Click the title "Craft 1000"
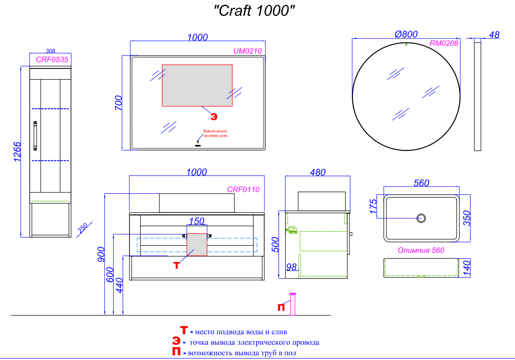[x=254, y=11]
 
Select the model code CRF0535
[x=52, y=59]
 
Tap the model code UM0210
[x=248, y=51]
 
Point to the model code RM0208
[x=444, y=43]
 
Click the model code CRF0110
[x=243, y=189]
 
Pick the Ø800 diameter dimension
[x=406, y=34]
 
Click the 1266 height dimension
[x=17, y=152]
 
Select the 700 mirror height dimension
[x=118, y=103]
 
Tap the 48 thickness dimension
[x=494, y=34]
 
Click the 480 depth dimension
[x=317, y=172]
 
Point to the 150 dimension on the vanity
[x=197, y=221]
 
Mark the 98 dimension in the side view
[x=291, y=267]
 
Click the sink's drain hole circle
[x=421, y=218]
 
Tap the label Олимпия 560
[x=421, y=250]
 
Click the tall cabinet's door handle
[x=35, y=136]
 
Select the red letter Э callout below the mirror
[x=214, y=115]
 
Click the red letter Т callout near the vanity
[x=176, y=265]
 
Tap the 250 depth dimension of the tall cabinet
[x=82, y=229]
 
